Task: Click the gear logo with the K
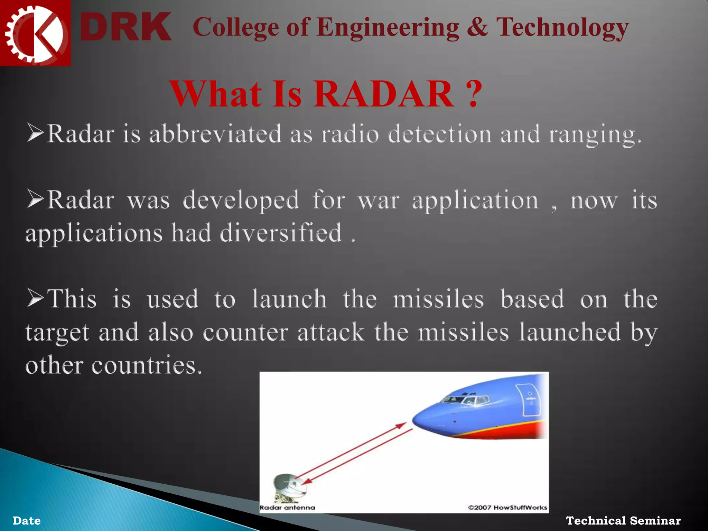click(35, 33)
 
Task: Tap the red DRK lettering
click(125, 27)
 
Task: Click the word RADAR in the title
click(384, 94)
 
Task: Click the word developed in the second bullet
click(241, 201)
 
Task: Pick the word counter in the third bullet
click(245, 333)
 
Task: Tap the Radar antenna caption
click(287, 507)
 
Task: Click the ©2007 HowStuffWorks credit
click(507, 507)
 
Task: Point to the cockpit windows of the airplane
click(465, 400)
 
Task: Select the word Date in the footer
click(27, 521)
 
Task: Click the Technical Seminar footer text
click(623, 521)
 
